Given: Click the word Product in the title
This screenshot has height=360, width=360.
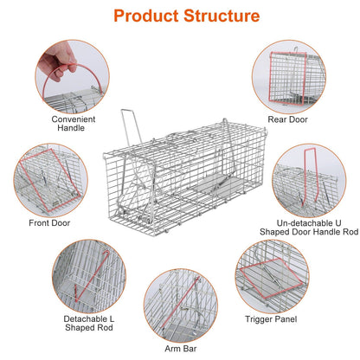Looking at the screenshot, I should click(x=146, y=16).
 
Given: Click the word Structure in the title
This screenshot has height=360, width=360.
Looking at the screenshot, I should click(x=219, y=16).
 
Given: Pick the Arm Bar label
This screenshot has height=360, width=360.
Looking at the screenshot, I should click(x=180, y=349).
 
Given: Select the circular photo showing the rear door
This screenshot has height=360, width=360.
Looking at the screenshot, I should click(x=287, y=75).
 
